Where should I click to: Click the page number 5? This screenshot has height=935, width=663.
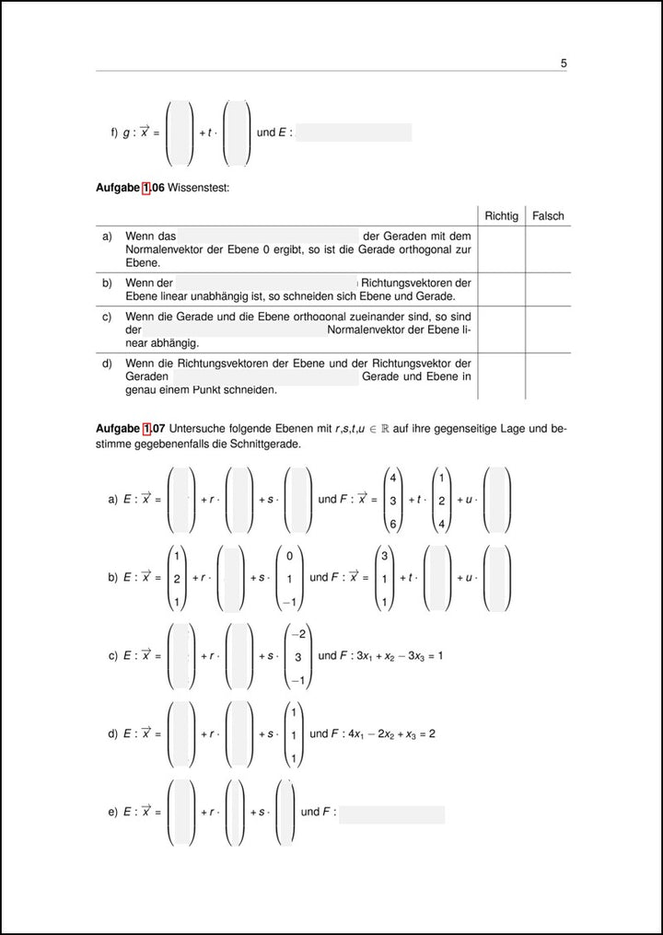point(563,63)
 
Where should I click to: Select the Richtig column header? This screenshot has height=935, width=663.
point(501,216)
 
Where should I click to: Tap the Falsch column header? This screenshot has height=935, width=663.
point(548,216)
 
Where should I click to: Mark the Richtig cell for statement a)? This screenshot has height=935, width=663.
point(501,248)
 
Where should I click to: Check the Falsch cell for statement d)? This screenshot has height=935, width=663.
point(548,376)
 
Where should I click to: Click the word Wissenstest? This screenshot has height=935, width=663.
point(199,188)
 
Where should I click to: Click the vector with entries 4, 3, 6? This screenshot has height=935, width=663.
point(392,501)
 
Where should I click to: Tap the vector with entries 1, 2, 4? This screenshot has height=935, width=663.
point(442,501)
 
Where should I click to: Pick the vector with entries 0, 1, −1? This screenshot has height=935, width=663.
point(289,579)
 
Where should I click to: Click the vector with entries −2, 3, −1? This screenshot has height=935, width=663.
point(297,656)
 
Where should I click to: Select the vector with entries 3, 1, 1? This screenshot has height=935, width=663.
point(384,579)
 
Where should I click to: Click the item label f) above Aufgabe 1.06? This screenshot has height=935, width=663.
point(114,133)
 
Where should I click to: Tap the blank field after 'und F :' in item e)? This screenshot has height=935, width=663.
point(392,814)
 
